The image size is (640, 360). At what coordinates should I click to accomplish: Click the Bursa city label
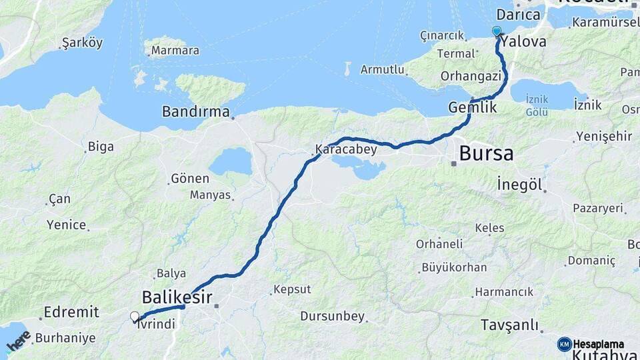(x=487, y=154)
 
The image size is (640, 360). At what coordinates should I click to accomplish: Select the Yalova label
(x=523, y=41)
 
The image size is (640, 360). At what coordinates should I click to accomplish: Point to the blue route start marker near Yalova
(x=496, y=31)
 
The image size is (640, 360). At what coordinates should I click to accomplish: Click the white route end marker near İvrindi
(x=135, y=317)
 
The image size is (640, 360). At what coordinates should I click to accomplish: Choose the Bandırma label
(x=195, y=111)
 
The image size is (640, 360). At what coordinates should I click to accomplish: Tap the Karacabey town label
(x=346, y=149)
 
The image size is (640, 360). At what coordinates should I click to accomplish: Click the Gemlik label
(x=473, y=107)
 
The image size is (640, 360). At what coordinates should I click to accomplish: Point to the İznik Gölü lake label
(x=537, y=105)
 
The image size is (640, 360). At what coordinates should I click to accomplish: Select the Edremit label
(x=71, y=312)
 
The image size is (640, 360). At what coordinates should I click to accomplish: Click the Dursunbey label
(x=333, y=316)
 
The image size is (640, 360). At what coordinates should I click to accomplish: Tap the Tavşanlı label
(x=509, y=325)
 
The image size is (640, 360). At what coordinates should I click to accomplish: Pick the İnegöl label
(x=519, y=185)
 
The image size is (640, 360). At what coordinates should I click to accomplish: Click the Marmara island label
(x=175, y=51)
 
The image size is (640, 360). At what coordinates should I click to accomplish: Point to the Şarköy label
(x=82, y=43)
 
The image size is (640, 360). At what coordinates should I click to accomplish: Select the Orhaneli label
(x=439, y=244)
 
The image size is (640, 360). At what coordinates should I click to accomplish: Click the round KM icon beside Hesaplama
(x=565, y=344)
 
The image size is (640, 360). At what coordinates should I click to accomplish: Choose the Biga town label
(x=101, y=147)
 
